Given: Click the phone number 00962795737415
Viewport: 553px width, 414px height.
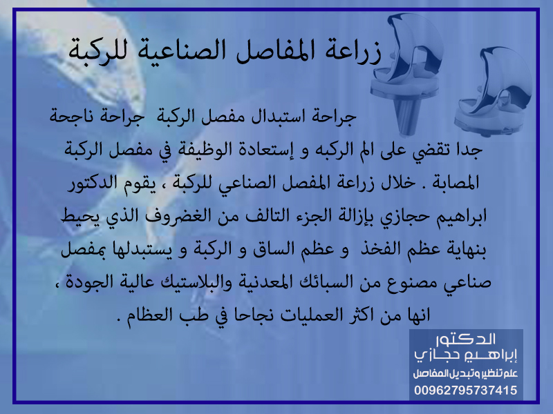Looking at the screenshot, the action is [x=465, y=390].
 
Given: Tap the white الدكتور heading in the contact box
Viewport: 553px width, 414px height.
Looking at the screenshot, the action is [x=466, y=339].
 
